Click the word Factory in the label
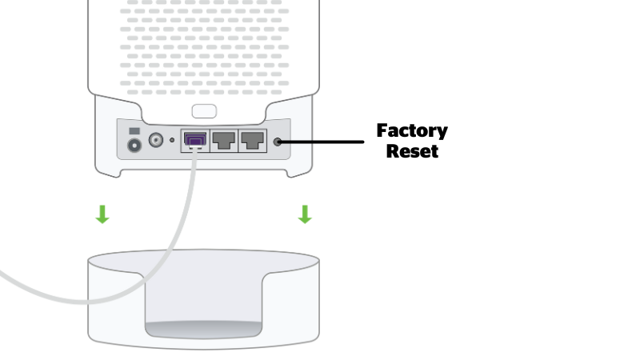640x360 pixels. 412,130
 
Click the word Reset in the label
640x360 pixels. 412,150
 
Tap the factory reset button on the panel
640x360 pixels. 278,142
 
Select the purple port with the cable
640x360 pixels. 194,141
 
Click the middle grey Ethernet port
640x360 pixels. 224,141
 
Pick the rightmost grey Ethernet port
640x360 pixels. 253,141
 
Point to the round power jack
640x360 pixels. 134,146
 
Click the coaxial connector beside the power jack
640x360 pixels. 156,141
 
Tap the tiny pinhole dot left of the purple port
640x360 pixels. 172,141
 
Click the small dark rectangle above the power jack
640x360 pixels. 134,130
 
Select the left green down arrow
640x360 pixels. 102,214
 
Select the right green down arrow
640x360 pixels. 304,214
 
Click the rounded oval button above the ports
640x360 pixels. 204,110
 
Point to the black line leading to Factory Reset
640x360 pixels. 324,142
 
